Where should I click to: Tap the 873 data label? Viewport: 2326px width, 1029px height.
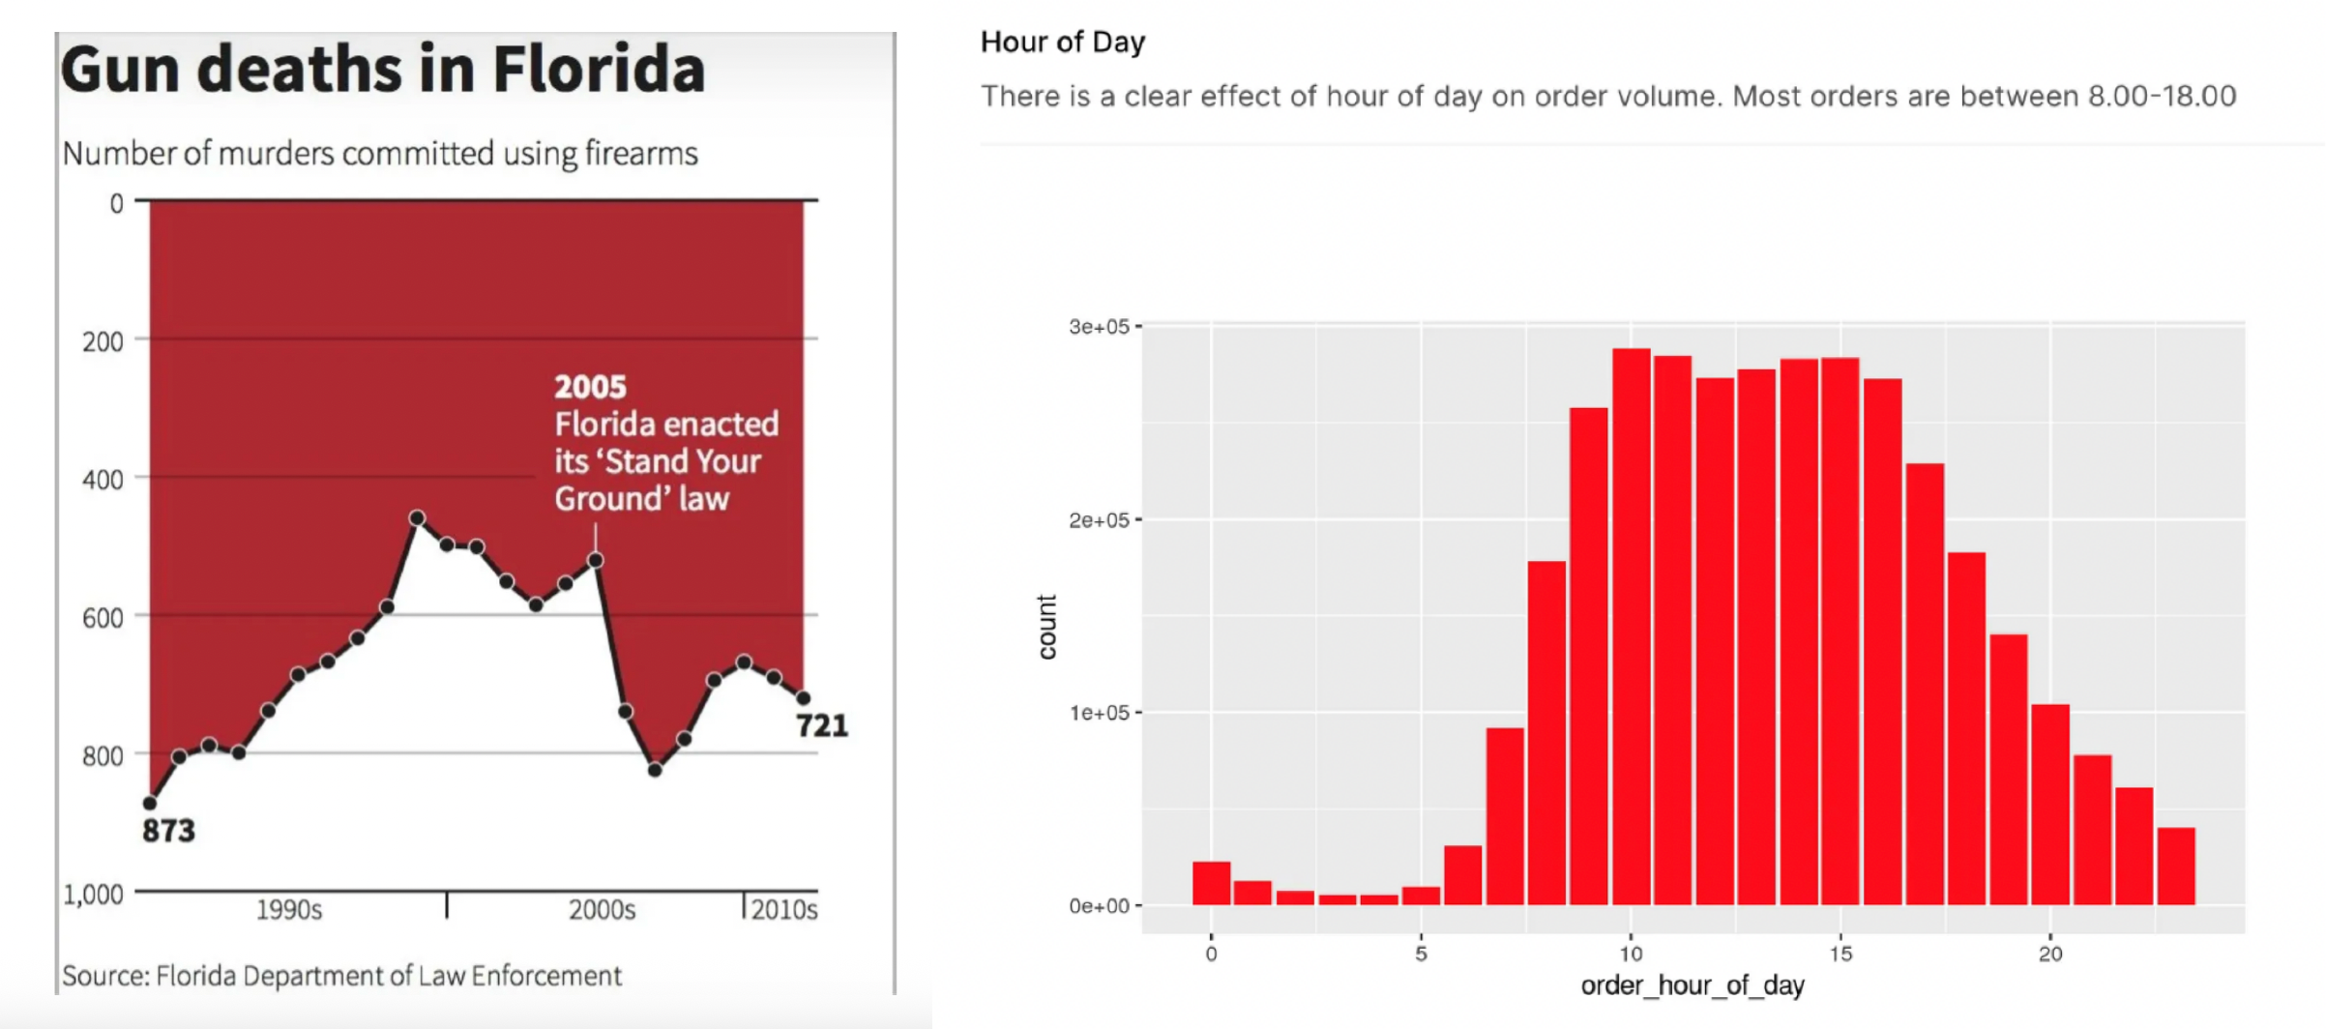[168, 831]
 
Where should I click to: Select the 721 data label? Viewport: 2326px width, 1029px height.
[822, 725]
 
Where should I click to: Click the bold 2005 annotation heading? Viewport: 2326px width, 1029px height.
[590, 387]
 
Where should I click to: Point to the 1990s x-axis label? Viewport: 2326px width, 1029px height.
[288, 910]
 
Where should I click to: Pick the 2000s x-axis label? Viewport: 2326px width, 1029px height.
[602, 910]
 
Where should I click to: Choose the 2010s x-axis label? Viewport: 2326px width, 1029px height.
[783, 910]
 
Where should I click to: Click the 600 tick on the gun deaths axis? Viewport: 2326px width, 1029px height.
[103, 618]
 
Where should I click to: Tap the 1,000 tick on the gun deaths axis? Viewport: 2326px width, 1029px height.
[94, 894]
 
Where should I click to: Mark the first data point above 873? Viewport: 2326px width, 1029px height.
[150, 803]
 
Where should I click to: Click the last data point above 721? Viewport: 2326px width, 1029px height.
[803, 697]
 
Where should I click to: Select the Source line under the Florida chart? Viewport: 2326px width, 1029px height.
[341, 976]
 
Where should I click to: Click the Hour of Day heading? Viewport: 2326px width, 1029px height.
[1062, 42]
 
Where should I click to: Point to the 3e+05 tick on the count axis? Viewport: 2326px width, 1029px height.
[1099, 327]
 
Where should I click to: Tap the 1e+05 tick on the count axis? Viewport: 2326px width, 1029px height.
[1099, 713]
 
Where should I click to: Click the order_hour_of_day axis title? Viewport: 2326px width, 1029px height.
[1693, 985]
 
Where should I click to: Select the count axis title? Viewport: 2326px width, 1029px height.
[1046, 627]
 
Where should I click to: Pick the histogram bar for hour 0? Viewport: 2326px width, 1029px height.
[1211, 884]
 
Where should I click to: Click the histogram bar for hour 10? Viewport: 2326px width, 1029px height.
[1631, 629]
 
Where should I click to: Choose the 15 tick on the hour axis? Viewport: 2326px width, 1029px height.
[1840, 954]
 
